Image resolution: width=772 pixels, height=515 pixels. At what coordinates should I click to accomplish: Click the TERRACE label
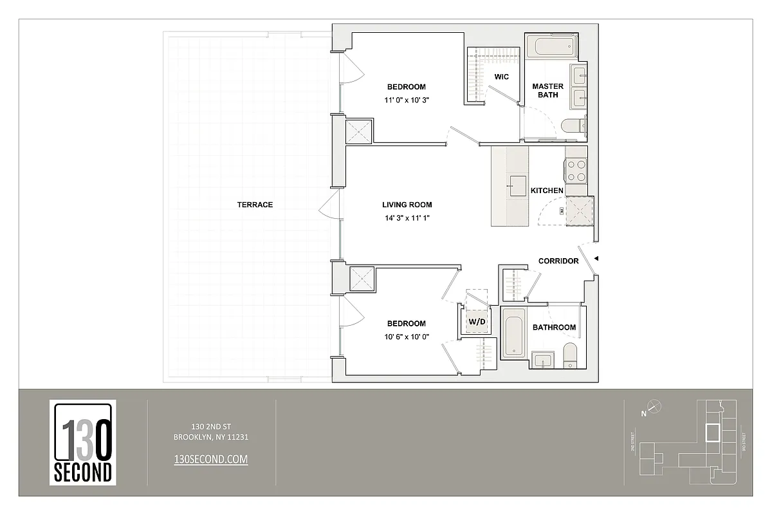tap(255, 205)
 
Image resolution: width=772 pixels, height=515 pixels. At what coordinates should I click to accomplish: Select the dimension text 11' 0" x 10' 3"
tap(406, 100)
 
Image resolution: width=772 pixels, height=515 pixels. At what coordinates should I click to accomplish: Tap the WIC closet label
tap(501, 77)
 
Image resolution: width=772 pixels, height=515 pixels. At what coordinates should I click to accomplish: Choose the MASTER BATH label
tap(547, 90)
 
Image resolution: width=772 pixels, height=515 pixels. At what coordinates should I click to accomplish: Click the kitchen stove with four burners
tap(576, 169)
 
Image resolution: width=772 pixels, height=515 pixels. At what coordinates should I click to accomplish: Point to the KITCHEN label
tap(547, 191)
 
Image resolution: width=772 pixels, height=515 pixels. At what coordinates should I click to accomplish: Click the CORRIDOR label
tap(558, 261)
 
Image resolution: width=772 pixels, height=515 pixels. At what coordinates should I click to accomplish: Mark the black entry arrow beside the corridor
tap(596, 259)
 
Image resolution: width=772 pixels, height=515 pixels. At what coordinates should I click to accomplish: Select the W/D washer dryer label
tap(476, 321)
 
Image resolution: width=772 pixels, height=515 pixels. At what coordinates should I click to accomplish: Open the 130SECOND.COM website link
tap(211, 458)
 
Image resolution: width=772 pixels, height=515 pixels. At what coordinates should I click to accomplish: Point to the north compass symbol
tap(654, 406)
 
